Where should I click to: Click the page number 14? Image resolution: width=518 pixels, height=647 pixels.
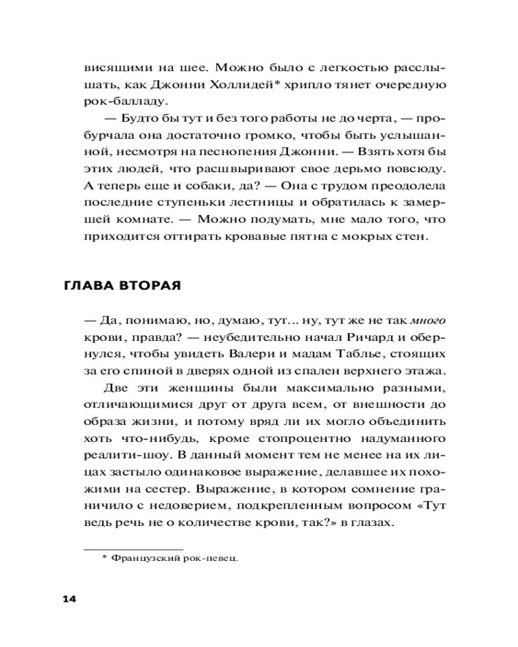pos(69,598)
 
